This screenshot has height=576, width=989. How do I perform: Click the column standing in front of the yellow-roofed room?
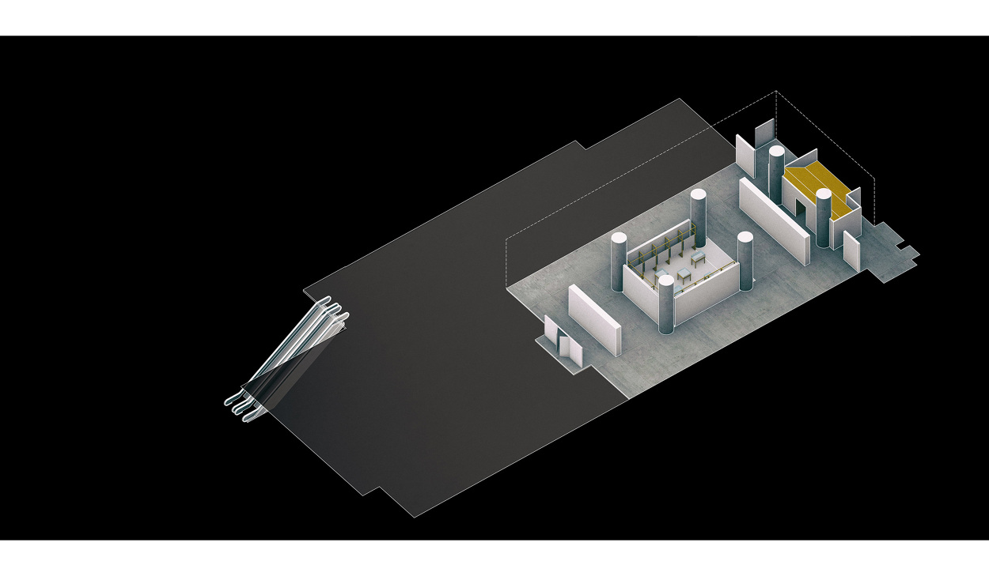[824, 217]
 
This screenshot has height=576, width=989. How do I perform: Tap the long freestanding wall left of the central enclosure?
[595, 316]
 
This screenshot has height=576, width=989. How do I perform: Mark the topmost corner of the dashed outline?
[775, 92]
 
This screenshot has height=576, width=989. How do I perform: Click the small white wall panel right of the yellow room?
[851, 249]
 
